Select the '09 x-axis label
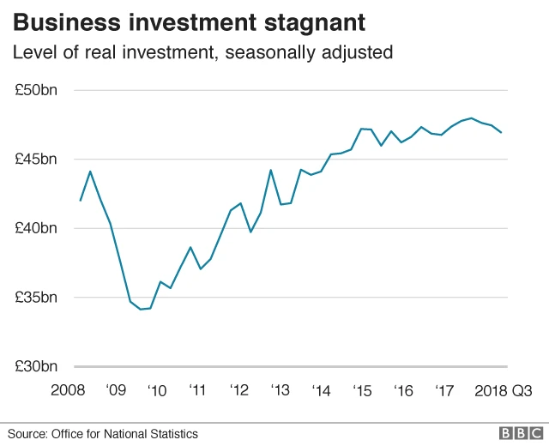(116, 391)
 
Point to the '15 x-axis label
(362, 391)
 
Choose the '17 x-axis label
(443, 391)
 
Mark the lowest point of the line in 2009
(141, 309)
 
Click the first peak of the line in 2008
(90, 172)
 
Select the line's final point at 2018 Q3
(501, 132)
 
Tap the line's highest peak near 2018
(471, 118)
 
